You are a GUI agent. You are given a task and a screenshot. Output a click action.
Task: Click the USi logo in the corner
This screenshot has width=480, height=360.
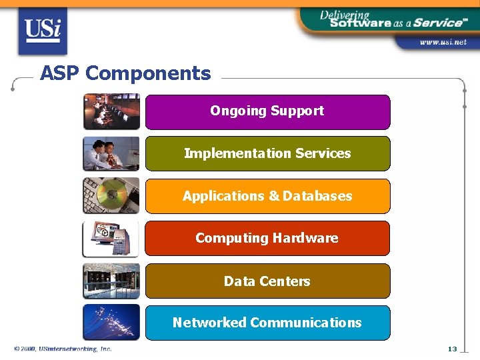43,31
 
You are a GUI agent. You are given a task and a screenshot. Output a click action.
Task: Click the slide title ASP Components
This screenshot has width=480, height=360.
125,73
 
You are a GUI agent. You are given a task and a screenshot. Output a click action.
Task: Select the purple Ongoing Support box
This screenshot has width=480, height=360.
267,111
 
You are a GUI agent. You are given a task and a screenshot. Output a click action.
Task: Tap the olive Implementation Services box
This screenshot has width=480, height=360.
267,154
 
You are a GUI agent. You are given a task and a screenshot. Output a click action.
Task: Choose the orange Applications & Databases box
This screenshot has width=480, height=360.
267,196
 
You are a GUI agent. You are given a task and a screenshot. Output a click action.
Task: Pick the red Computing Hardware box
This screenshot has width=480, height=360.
267,238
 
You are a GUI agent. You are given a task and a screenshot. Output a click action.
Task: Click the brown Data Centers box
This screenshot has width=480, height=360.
267,281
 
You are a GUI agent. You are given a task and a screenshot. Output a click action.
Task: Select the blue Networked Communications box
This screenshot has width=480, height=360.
267,323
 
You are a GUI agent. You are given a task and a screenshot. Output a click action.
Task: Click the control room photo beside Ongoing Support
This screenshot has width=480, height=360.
111,111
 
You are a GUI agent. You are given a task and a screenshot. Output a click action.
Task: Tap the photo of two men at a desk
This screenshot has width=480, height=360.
111,154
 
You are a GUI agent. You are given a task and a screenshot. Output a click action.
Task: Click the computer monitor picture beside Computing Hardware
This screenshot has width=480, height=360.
111,238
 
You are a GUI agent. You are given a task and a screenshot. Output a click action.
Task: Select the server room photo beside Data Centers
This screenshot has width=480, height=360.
111,281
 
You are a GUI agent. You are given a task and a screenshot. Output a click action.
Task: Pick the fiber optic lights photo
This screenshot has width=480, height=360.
111,323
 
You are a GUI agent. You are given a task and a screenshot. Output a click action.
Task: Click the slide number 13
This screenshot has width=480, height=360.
452,349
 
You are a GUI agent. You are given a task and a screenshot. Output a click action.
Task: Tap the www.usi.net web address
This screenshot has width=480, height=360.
443,42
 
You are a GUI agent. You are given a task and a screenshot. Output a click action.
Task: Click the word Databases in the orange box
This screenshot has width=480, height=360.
317,196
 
